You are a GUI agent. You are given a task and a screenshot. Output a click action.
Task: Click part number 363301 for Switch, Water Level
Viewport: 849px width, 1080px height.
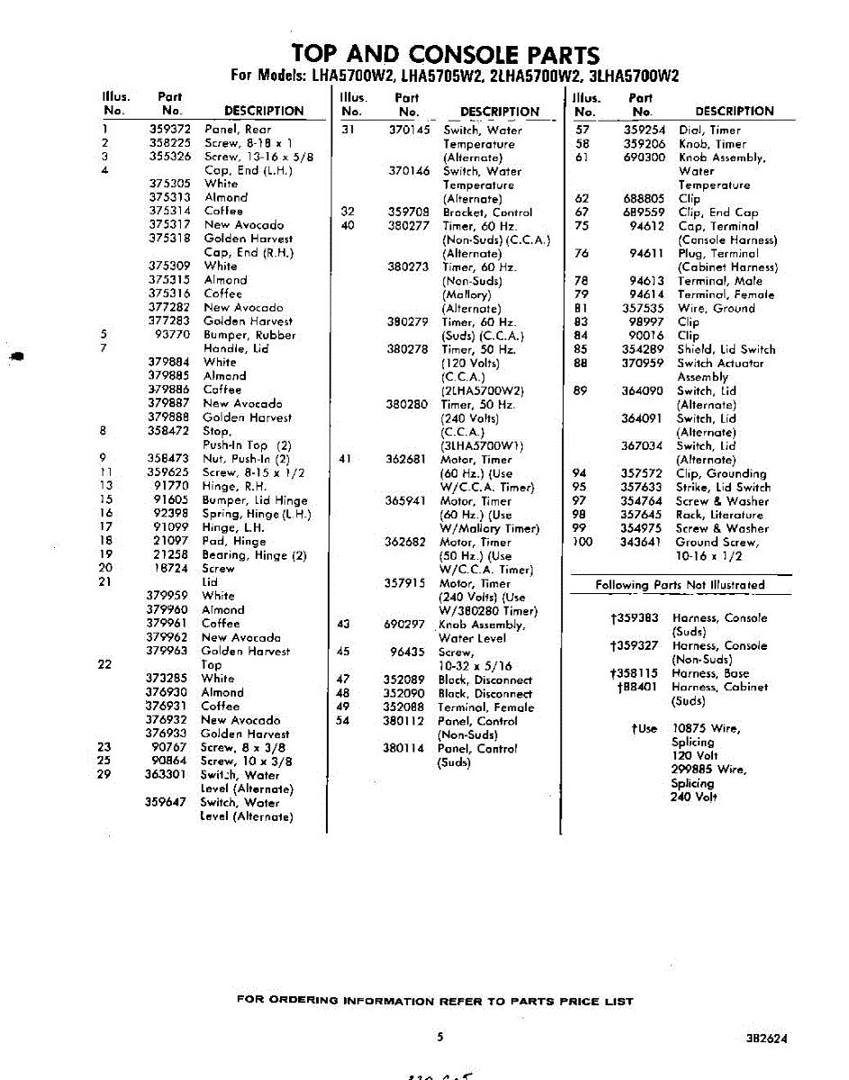pyautogui.click(x=166, y=774)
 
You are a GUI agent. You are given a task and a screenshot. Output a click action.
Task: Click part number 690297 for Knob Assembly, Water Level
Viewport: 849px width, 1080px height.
pyautogui.click(x=404, y=625)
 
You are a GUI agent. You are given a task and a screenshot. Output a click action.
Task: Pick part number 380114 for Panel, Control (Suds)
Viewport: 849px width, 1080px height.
pyautogui.click(x=405, y=748)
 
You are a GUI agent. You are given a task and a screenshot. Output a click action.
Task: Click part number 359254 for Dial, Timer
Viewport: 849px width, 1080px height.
pyautogui.click(x=645, y=130)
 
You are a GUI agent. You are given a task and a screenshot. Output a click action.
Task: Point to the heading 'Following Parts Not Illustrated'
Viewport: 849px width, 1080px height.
pyautogui.click(x=680, y=585)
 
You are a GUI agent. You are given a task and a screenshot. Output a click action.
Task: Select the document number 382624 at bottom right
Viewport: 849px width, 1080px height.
pyautogui.click(x=766, y=1038)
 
